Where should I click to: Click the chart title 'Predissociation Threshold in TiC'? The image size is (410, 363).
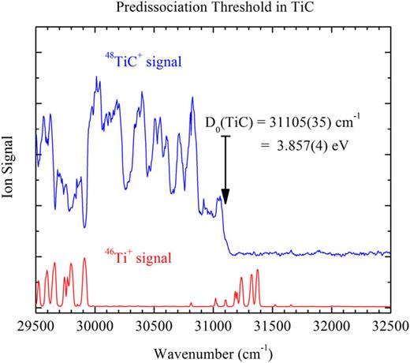coord(213,10)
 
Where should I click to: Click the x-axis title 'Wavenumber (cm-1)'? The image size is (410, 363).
coord(213,349)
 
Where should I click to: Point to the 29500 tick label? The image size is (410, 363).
coord(37,324)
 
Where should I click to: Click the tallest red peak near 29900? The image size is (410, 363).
coord(84,260)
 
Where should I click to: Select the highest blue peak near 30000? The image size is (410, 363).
coord(96,78)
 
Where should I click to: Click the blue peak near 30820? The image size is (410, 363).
coord(192,98)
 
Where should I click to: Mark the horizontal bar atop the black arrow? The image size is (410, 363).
coord(225,135)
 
